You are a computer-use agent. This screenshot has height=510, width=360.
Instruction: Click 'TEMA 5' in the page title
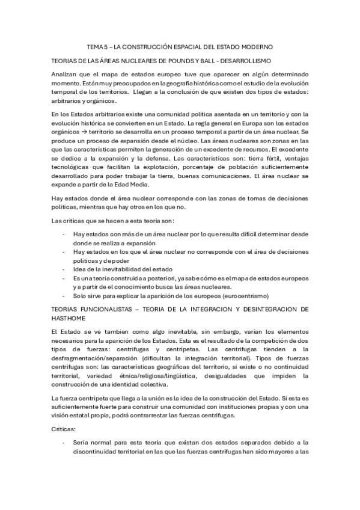96,46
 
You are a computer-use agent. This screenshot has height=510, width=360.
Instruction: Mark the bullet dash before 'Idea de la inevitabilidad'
64,270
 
